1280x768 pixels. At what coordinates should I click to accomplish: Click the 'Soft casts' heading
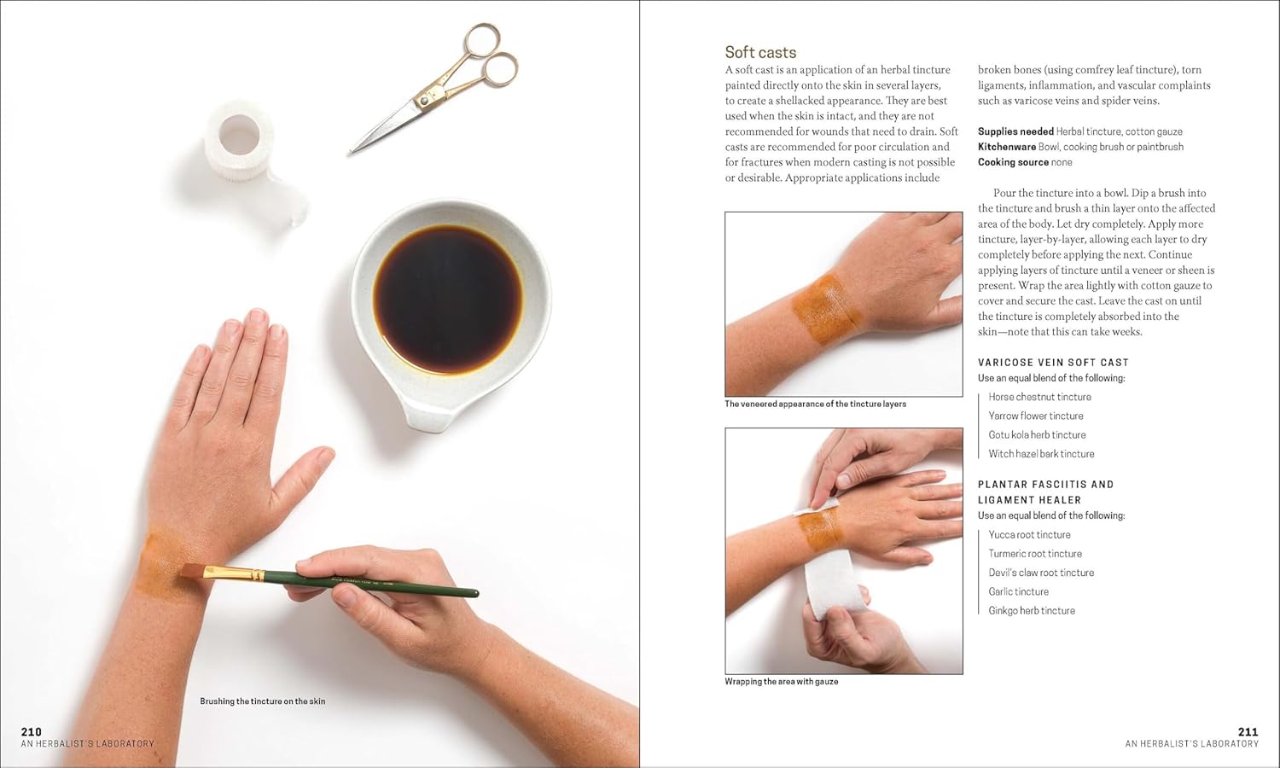click(x=760, y=53)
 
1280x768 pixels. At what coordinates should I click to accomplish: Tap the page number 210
click(x=32, y=731)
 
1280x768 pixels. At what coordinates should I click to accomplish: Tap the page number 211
click(x=1248, y=731)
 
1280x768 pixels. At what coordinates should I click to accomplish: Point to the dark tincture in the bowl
click(x=448, y=300)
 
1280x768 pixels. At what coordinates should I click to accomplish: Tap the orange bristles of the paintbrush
click(x=192, y=570)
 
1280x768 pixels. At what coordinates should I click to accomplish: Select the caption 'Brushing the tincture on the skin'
click(x=262, y=701)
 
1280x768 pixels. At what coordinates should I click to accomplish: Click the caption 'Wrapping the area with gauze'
click(x=781, y=681)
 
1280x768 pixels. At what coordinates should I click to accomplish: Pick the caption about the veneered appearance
click(x=816, y=404)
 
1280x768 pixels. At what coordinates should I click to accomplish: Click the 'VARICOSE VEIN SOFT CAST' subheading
click(x=1053, y=363)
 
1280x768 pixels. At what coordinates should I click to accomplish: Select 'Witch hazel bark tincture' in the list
click(x=1042, y=454)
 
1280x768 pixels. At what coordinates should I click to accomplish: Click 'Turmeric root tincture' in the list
click(x=1035, y=553)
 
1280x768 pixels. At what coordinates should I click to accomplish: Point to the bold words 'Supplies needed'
click(x=1015, y=131)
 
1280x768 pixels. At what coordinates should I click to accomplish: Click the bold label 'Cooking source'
click(x=1013, y=162)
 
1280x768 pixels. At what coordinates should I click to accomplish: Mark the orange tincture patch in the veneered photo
click(x=826, y=309)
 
